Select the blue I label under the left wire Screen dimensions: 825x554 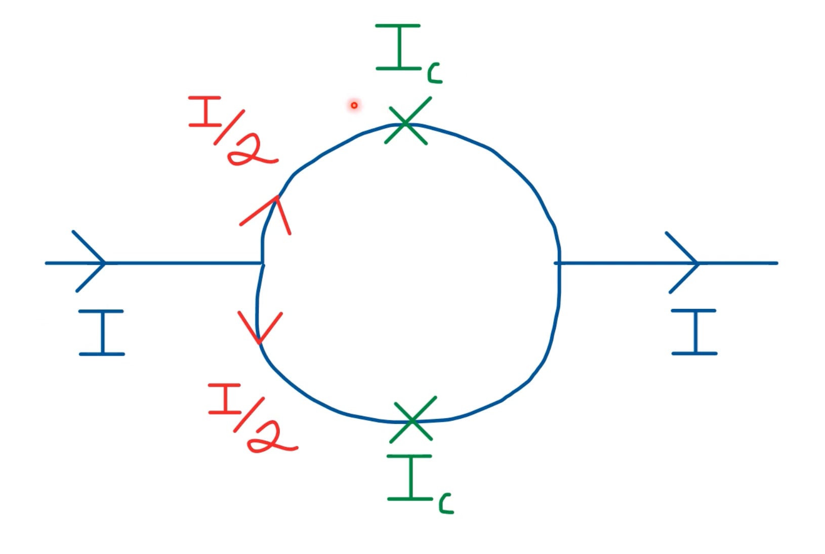102,332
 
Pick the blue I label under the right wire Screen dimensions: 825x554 694,332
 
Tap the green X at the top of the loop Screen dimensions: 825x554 407,122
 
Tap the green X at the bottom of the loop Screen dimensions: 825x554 413,420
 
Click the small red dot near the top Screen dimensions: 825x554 354,105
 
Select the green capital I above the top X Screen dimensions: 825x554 399,47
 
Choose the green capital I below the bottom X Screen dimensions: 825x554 410,478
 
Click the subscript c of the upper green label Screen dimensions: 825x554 434,74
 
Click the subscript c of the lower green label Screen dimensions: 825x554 446,505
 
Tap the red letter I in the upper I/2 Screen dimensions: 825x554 205,111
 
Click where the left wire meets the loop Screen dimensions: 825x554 262,263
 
